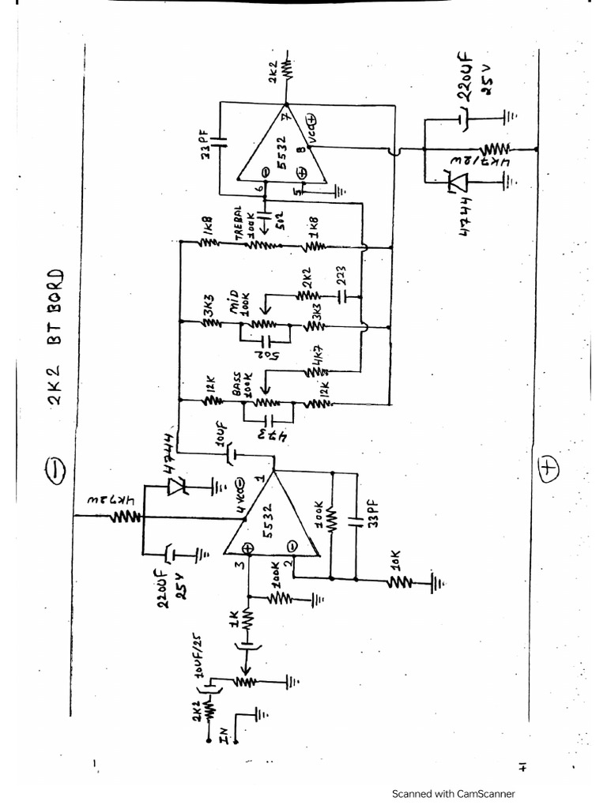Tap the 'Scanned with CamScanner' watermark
pos(454,793)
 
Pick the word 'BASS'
pos(237,388)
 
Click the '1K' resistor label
pos(232,621)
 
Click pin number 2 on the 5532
pos(289,564)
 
